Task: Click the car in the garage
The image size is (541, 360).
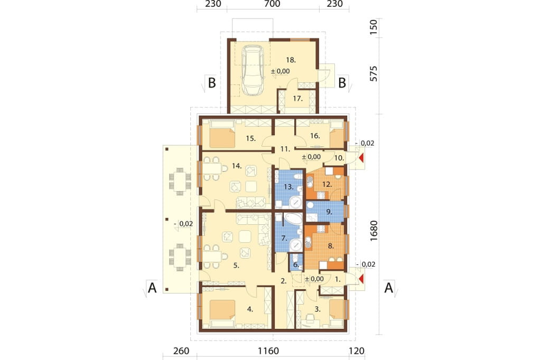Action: (x=251, y=70)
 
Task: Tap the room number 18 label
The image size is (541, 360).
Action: (x=291, y=60)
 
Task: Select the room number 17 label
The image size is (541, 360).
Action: (x=298, y=99)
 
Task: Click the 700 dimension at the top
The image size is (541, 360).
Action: (x=272, y=4)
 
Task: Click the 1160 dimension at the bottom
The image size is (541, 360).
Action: (x=268, y=351)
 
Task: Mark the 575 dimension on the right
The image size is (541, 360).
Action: (x=374, y=73)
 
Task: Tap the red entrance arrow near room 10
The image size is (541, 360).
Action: (x=361, y=158)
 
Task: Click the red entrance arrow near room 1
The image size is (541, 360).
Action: (x=361, y=279)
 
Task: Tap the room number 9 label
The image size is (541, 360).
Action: (x=329, y=212)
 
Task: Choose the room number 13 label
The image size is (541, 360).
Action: (x=288, y=187)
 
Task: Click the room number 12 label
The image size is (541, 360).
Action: (x=327, y=184)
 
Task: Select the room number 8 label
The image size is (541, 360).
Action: (x=331, y=246)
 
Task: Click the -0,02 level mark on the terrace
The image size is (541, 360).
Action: (x=183, y=224)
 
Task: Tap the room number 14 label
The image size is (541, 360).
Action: (x=236, y=166)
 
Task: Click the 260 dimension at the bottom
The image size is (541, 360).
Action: (x=181, y=351)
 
